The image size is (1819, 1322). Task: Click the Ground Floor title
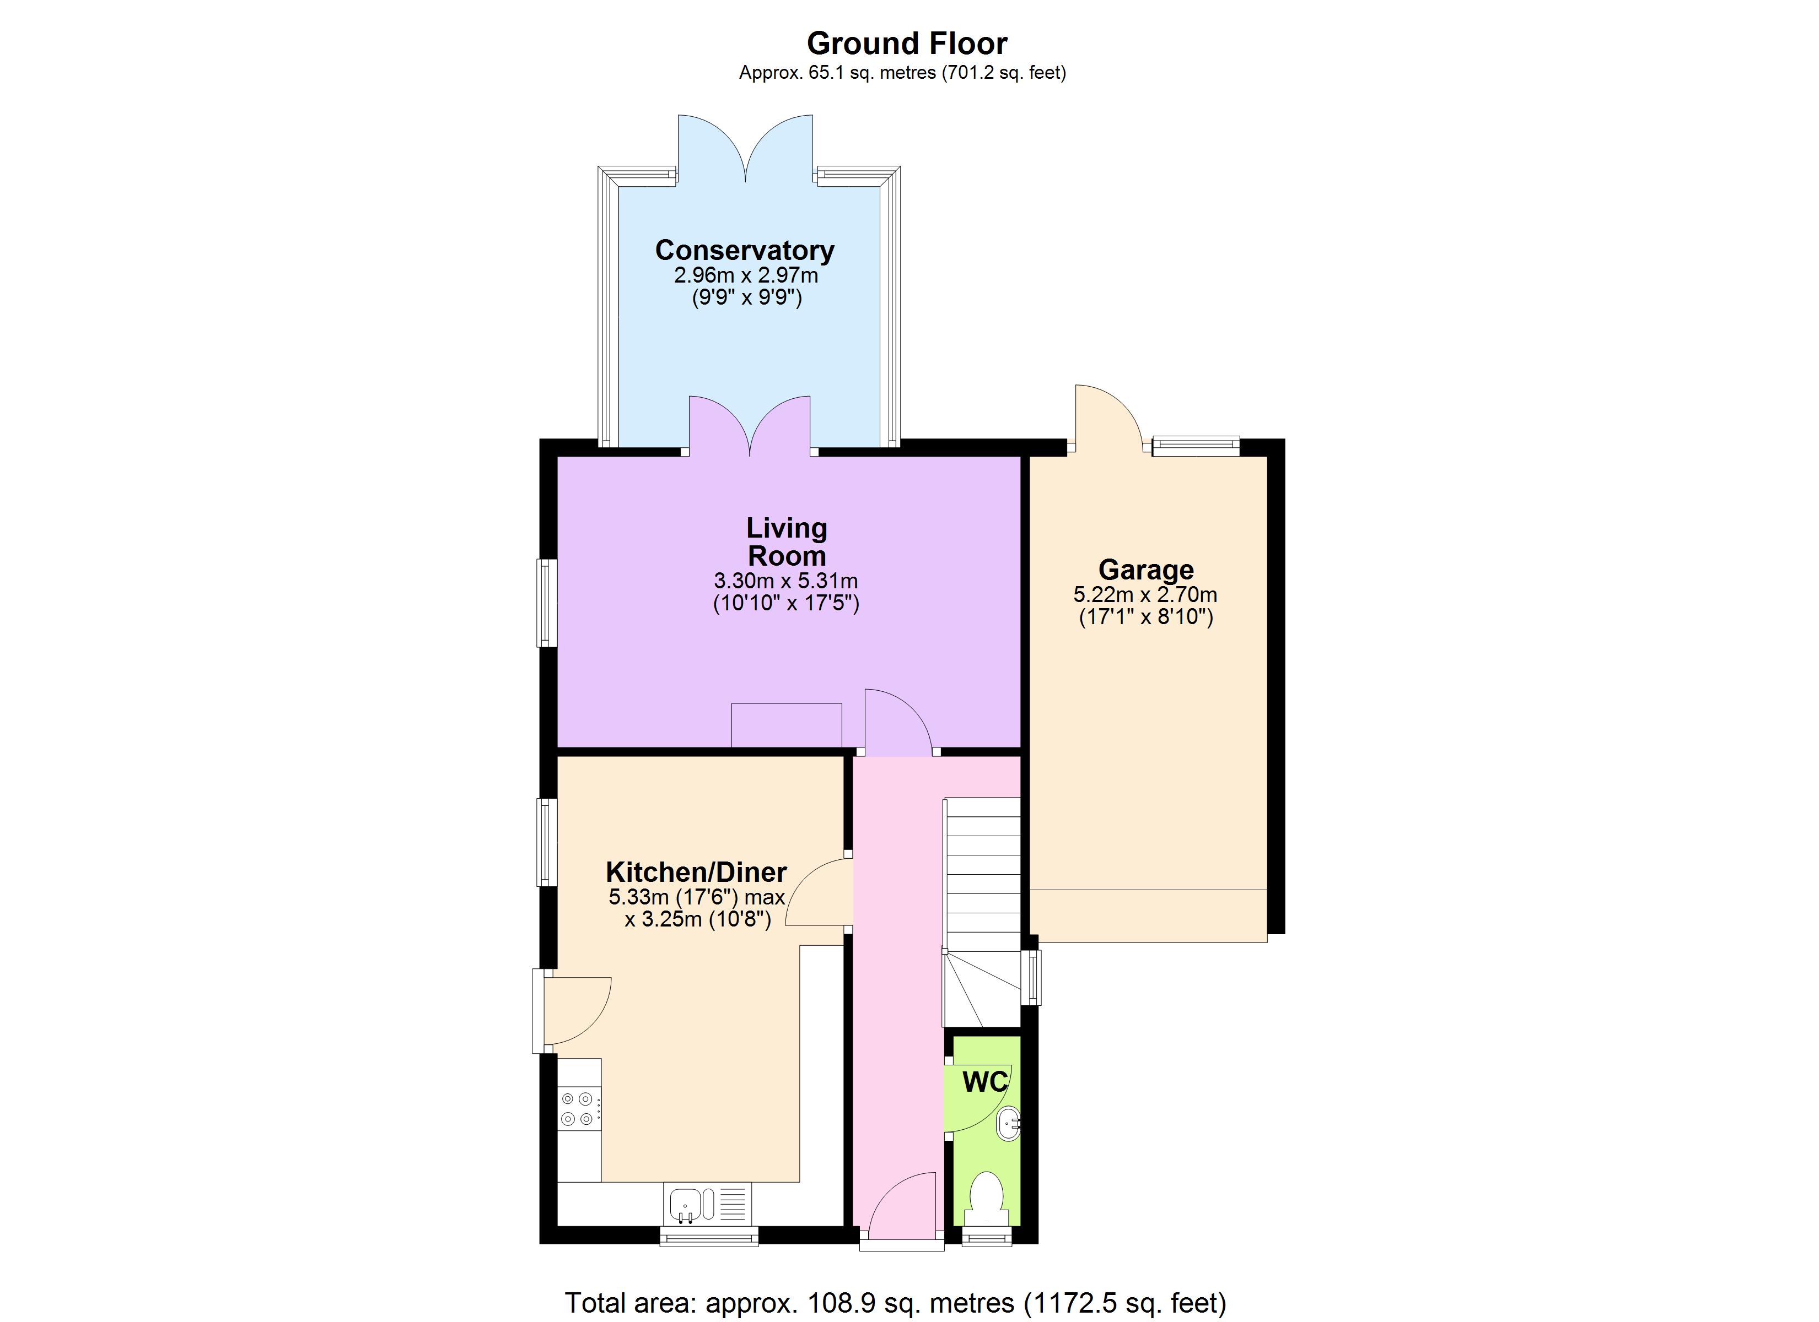907,44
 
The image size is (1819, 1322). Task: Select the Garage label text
1145,569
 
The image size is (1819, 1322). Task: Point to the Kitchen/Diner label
696,871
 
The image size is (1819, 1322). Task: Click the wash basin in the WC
1009,1123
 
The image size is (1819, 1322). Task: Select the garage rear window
1195,446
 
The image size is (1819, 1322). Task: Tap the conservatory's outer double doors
746,148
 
